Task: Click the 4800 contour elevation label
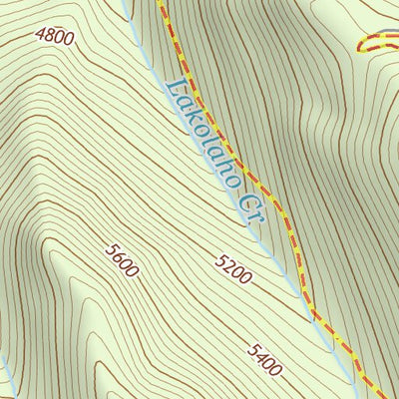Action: click(54, 36)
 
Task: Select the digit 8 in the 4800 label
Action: click(51, 35)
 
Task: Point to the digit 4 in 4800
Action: click(41, 31)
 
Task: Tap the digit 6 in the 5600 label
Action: click(118, 255)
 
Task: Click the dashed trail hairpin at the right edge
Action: click(361, 45)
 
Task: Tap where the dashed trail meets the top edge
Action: click(160, 2)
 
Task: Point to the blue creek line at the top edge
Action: click(127, 3)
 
